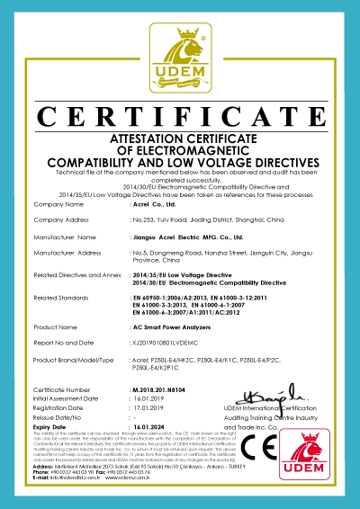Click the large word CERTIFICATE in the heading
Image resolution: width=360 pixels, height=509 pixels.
tap(180, 118)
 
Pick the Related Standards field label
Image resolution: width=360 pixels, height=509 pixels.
tap(60, 296)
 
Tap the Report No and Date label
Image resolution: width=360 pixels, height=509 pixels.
tap(66, 342)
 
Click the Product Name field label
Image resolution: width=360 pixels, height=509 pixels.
tap(53, 326)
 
